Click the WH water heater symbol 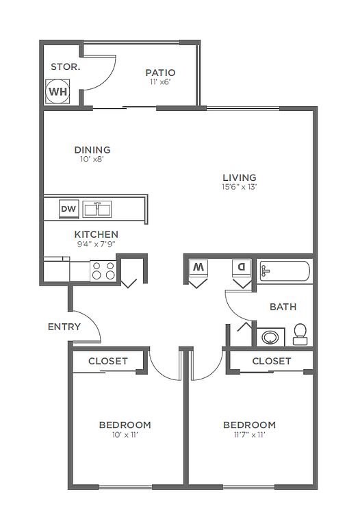tap(57, 91)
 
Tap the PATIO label tap(161, 73)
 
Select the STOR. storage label tap(66, 66)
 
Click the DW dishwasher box tap(68, 209)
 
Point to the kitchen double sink tap(97, 210)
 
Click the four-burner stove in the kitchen tap(103, 271)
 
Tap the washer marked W tap(198, 268)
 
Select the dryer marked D tap(242, 268)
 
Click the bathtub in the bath tap(285, 271)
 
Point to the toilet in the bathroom tap(300, 334)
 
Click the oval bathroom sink tap(270, 337)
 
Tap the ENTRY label tap(64, 327)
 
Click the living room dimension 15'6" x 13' tap(240, 187)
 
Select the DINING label tap(92, 149)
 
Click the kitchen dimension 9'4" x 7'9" tap(97, 244)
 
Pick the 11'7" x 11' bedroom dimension tap(249, 435)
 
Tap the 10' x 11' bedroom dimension tap(125, 435)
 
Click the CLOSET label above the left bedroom tap(108, 361)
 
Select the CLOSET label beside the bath tap(272, 361)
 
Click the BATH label tap(283, 307)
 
